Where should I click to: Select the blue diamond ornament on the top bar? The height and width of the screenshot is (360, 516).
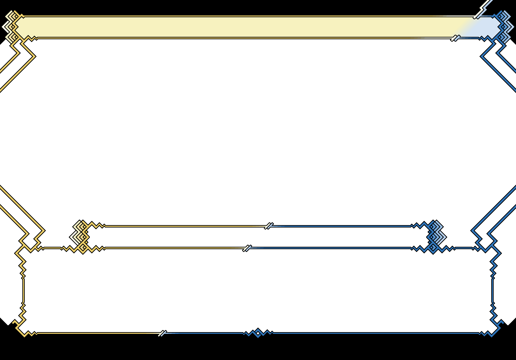pyautogui.click(x=504, y=27)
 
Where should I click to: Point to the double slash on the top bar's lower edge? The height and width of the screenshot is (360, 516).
pyautogui.click(x=455, y=38)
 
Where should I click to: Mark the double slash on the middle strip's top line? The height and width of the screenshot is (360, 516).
pyautogui.click(x=269, y=226)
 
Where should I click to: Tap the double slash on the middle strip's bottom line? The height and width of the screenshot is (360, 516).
pyautogui.click(x=247, y=248)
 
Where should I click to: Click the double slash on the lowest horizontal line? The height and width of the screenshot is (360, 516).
pyautogui.click(x=162, y=333)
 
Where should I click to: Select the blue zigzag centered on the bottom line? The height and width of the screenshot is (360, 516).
pyautogui.click(x=258, y=333)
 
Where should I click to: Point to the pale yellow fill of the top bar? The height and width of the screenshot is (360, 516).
pyautogui.click(x=241, y=27)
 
